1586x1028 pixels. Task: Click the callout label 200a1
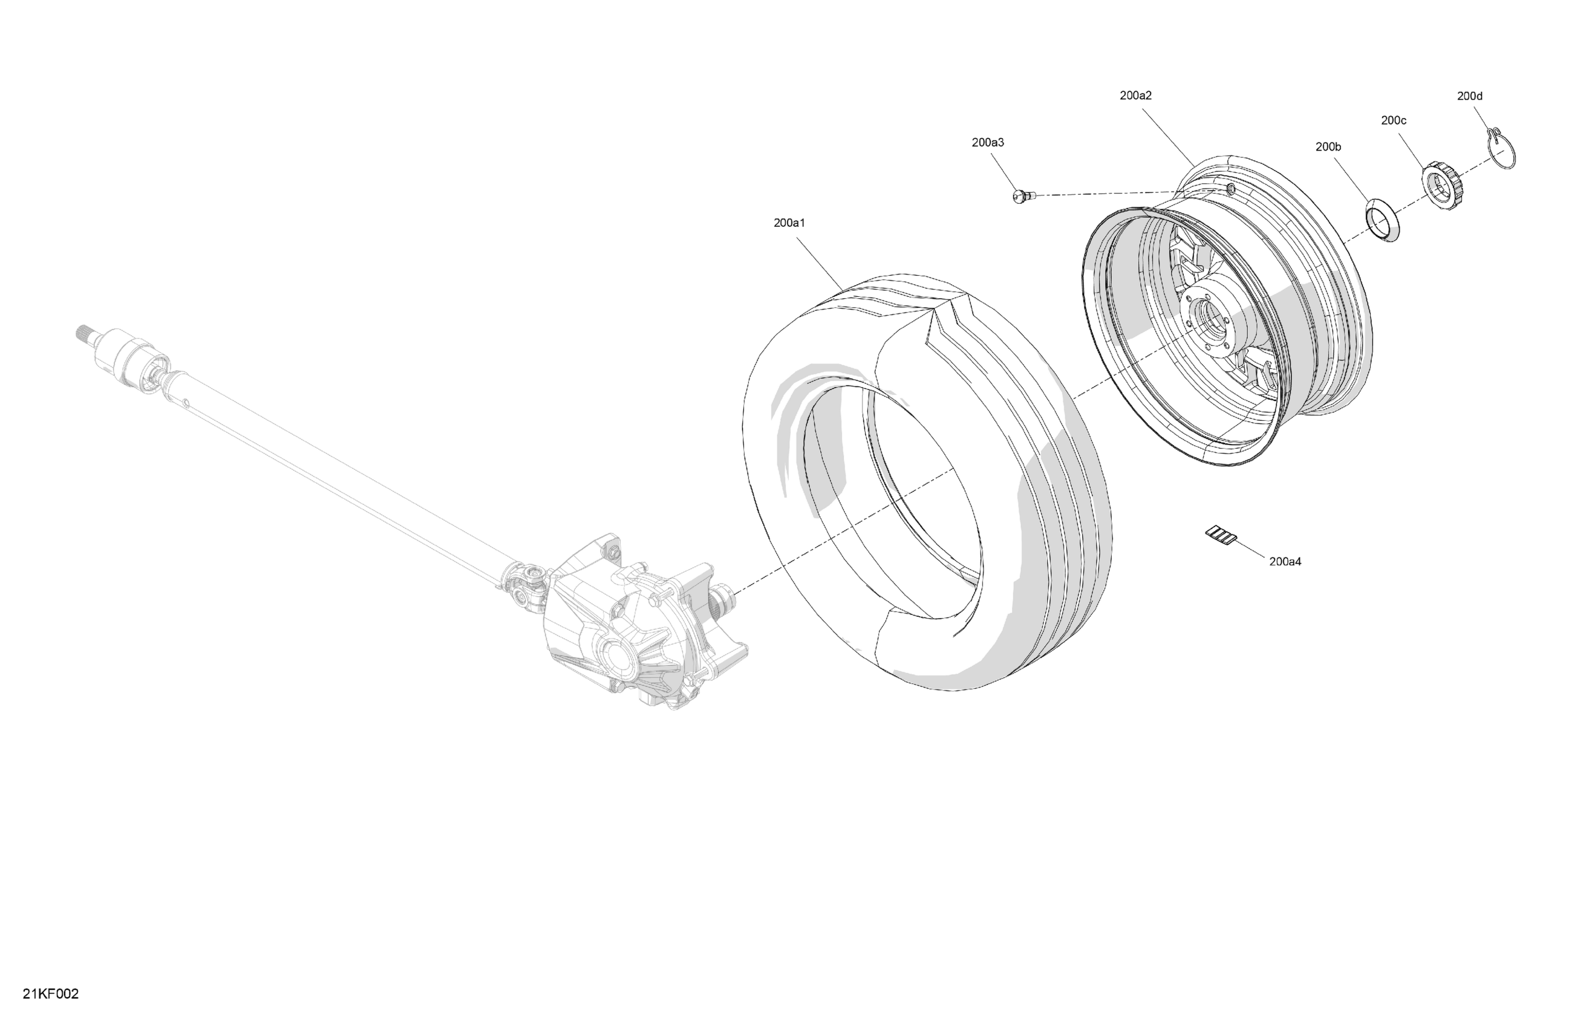[x=789, y=223]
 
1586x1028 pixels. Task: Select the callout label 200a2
[x=1135, y=96]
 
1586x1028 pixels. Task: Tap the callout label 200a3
[x=988, y=142]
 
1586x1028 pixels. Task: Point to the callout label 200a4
[x=1285, y=562]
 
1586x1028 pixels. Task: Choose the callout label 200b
[x=1328, y=146]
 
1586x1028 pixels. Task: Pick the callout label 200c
[x=1394, y=120]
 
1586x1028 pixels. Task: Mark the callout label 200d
[x=1469, y=96]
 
